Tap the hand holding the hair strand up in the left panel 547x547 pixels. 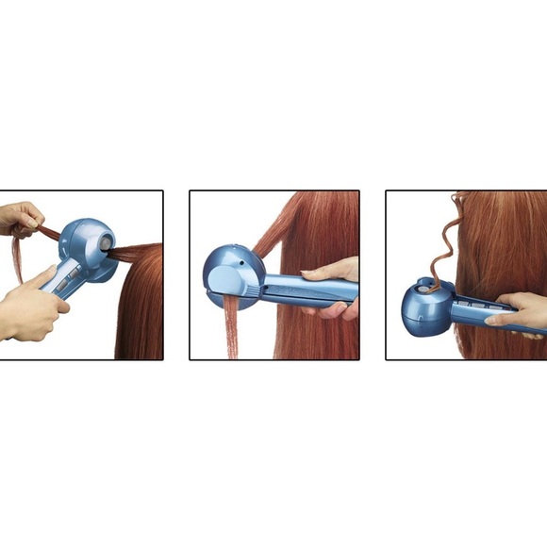(21, 220)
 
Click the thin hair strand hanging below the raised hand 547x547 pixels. (18, 259)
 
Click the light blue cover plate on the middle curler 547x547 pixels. (227, 279)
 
